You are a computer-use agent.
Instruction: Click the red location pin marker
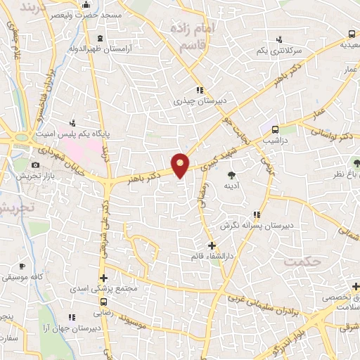click(x=181, y=165)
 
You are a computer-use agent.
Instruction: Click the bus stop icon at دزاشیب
click(x=275, y=129)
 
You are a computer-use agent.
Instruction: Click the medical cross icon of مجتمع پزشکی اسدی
click(x=103, y=279)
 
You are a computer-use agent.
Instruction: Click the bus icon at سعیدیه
click(x=352, y=33)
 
